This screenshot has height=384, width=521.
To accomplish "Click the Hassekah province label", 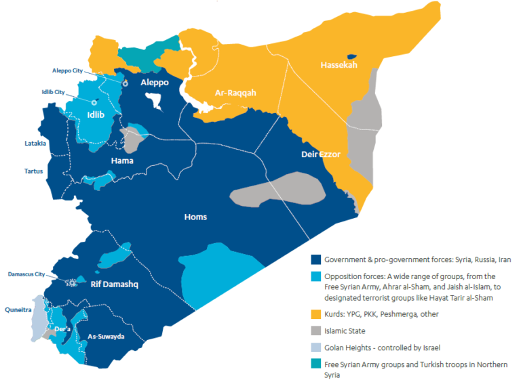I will pos(338,65).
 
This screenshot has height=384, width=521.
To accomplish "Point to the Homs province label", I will pos(195,217).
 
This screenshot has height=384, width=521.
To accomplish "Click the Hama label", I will pos(122,161).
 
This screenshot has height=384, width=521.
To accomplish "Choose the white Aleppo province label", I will pos(154,82).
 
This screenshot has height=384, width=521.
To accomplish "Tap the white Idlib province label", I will pos(96,114).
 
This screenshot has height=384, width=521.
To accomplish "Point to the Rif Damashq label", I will pos(115,284).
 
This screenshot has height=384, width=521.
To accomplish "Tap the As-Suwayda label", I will pos(106,337).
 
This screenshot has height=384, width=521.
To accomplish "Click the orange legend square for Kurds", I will pos(315,315).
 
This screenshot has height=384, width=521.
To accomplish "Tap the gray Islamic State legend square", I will pos(315,331).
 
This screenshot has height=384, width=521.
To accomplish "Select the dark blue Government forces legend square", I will pos(315,260).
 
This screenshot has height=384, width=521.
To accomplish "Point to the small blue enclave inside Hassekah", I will pos(351,57).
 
